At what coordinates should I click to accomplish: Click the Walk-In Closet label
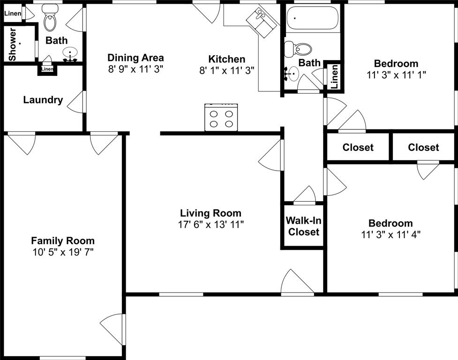pyautogui.click(x=303, y=226)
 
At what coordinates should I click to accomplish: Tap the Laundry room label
pyautogui.click(x=43, y=100)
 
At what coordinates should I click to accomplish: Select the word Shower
pyautogui.click(x=13, y=45)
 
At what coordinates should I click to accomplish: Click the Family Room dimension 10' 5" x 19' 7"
pyautogui.click(x=63, y=252)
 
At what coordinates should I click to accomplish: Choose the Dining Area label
pyautogui.click(x=135, y=58)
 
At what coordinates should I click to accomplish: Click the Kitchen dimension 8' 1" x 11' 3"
pyautogui.click(x=227, y=70)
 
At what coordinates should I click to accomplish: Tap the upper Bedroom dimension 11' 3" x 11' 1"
pyautogui.click(x=396, y=74)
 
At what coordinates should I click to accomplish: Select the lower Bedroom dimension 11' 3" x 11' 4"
pyautogui.click(x=391, y=234)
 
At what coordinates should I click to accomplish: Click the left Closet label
pyautogui.click(x=358, y=147)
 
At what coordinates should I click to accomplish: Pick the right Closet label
pyautogui.click(x=423, y=147)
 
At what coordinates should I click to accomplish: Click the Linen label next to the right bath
pyautogui.click(x=334, y=76)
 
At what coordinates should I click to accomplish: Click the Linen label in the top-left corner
pyautogui.click(x=13, y=13)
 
